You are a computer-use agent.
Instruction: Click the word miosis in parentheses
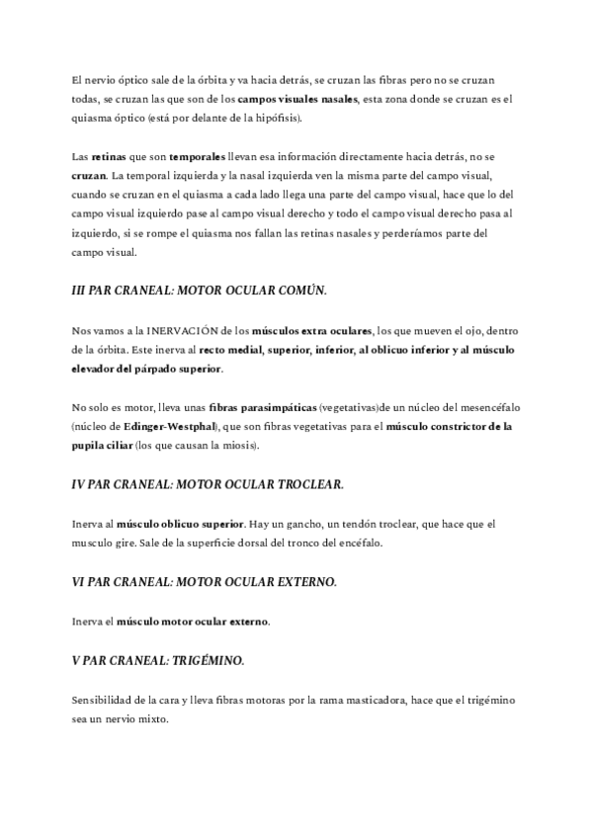[238, 446]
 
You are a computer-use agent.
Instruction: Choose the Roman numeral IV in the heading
[80, 484]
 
